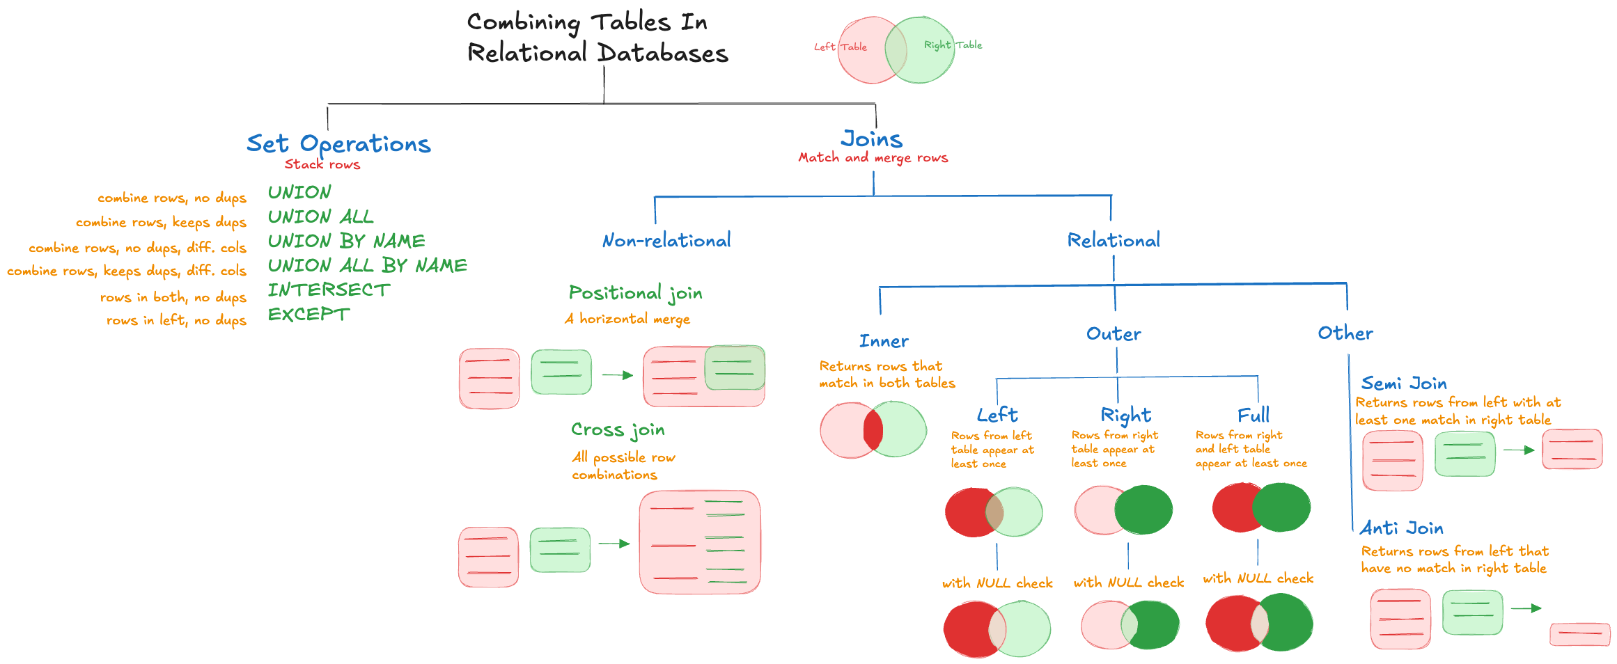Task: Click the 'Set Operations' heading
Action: tap(338, 144)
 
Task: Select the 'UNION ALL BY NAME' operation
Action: tap(367, 266)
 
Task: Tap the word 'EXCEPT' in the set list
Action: tap(308, 315)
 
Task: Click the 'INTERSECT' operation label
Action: tap(329, 290)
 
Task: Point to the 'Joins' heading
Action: tap(871, 139)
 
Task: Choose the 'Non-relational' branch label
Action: tap(666, 241)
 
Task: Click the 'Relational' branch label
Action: tap(1114, 241)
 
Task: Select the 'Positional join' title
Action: tap(635, 293)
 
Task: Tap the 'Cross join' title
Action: tap(618, 430)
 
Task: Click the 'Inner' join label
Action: tap(884, 342)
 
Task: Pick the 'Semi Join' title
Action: tap(1403, 384)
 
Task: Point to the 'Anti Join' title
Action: tap(1401, 528)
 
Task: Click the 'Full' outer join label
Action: tap(1253, 416)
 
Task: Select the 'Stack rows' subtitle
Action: tap(322, 165)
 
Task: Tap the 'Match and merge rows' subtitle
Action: tap(873, 158)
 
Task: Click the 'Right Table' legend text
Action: tap(952, 45)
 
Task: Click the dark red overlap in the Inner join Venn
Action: tap(873, 430)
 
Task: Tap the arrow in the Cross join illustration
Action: tap(614, 544)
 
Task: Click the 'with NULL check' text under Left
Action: tap(997, 583)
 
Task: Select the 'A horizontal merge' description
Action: tap(627, 319)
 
